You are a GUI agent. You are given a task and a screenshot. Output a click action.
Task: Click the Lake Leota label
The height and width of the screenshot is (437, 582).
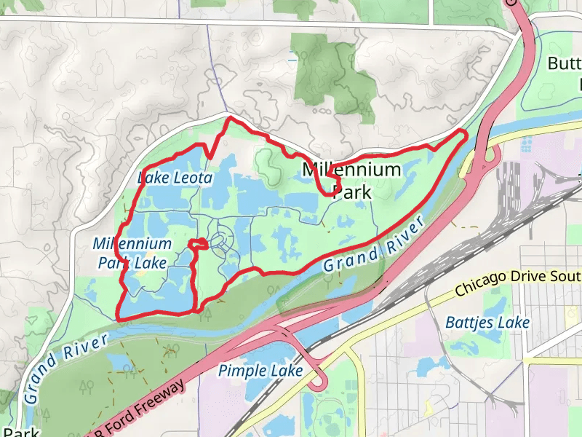tap(175, 178)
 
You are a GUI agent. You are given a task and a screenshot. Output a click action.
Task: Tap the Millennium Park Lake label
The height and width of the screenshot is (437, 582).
tap(132, 253)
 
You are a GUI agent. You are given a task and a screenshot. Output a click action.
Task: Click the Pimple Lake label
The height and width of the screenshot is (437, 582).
tap(260, 371)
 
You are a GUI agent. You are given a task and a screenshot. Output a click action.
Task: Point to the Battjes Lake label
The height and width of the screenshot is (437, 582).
tap(487, 322)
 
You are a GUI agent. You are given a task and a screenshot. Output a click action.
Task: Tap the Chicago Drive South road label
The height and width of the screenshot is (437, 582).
tap(517, 282)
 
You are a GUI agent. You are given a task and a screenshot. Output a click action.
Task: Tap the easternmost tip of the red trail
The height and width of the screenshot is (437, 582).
tap(466, 133)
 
